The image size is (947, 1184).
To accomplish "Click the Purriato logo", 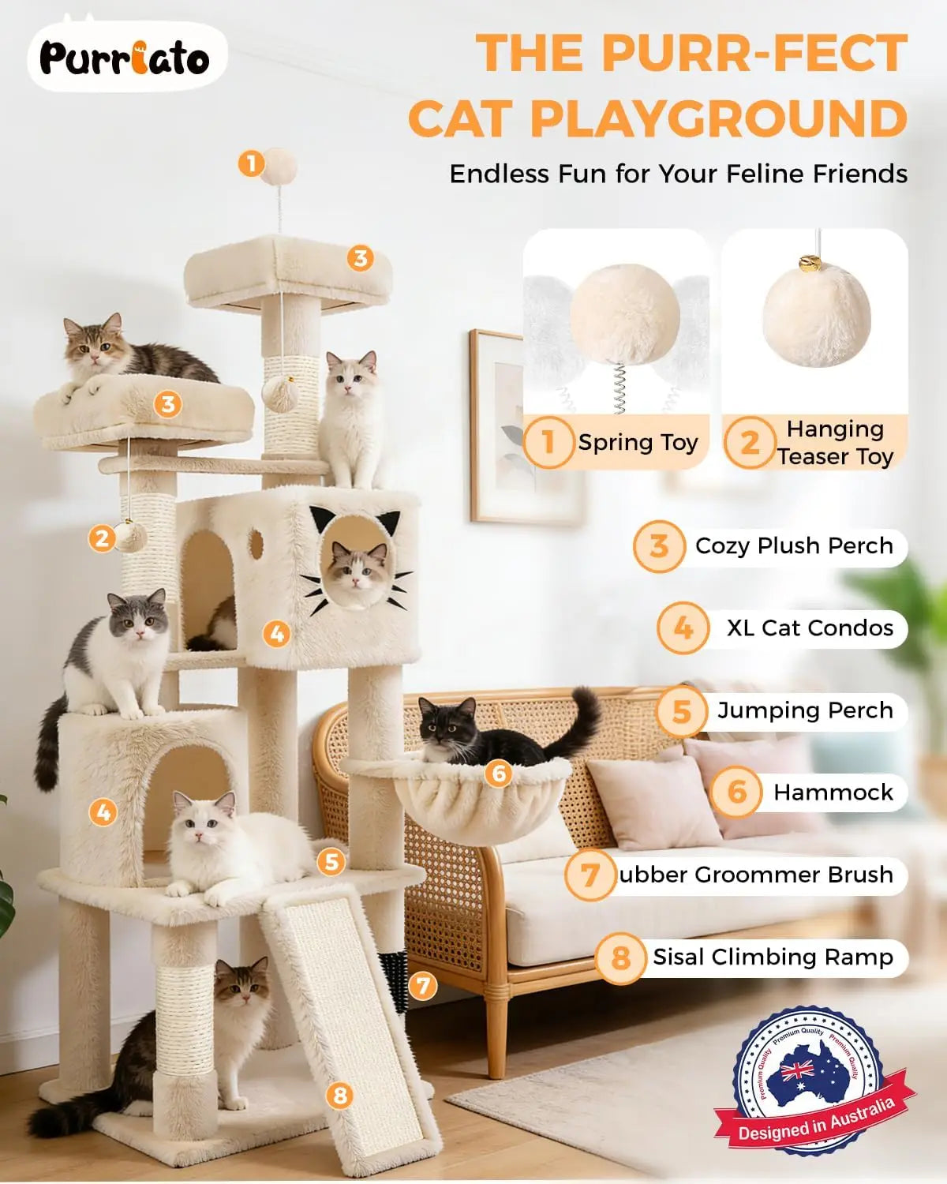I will point(125,58).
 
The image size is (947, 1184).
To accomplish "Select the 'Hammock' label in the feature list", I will point(833,792).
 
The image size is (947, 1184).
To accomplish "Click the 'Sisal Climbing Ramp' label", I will point(772,957).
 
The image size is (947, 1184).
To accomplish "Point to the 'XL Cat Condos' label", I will point(810,628).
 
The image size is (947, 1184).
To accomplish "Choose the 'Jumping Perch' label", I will point(805,710).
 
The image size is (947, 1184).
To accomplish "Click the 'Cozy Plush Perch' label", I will point(793,546).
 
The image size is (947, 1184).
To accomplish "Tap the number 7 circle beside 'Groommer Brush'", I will point(590,875).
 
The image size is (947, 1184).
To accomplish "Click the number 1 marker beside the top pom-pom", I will point(251,163).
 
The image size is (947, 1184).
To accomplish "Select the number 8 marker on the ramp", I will point(340,1095).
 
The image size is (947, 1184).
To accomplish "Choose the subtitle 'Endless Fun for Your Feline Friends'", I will point(679,174).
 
